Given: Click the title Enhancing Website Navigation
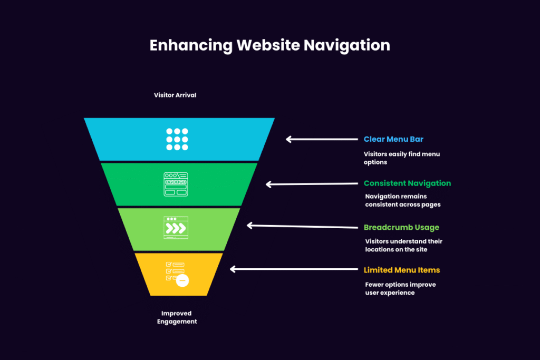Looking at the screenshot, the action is pyautogui.click(x=269, y=46).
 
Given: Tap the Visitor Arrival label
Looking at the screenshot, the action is pyautogui.click(x=175, y=95).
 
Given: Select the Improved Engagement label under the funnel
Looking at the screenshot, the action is pyautogui.click(x=177, y=317).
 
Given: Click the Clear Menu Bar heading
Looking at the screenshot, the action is pyautogui.click(x=393, y=139).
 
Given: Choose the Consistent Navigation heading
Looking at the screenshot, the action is pyautogui.click(x=407, y=183).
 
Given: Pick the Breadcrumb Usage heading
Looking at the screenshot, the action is pyautogui.click(x=401, y=228).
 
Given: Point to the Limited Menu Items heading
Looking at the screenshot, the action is pyautogui.click(x=401, y=270).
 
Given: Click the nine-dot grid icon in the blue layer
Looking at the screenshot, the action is pyautogui.click(x=177, y=139).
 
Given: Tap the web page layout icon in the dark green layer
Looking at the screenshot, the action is pyautogui.click(x=176, y=184).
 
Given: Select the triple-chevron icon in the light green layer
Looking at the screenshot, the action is pyautogui.click(x=176, y=228).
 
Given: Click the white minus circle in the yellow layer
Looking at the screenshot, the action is pyautogui.click(x=182, y=280).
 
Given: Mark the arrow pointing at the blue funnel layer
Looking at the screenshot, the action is pyautogui.click(x=322, y=139).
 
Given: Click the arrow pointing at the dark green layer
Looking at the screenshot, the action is pyautogui.click(x=312, y=184).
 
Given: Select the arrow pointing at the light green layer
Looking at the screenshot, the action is pyautogui.click(x=302, y=227).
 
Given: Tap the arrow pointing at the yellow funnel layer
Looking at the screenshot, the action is pyautogui.click(x=294, y=269).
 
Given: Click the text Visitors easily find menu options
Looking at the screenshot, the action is pyautogui.click(x=401, y=158).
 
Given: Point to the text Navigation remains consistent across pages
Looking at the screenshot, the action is pyautogui.click(x=402, y=200).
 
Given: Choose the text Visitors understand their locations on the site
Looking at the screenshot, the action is pyautogui.click(x=403, y=246).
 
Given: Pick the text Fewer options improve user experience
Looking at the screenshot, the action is pyautogui.click(x=400, y=288).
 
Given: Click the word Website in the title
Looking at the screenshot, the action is pyautogui.click(x=268, y=45).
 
